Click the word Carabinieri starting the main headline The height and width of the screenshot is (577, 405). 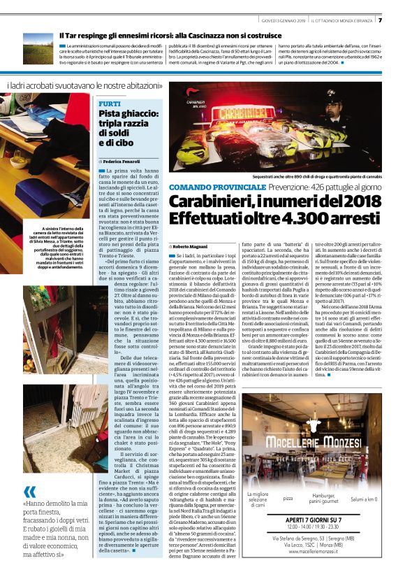point(215,202)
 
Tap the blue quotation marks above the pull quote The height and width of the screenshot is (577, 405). point(30,472)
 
